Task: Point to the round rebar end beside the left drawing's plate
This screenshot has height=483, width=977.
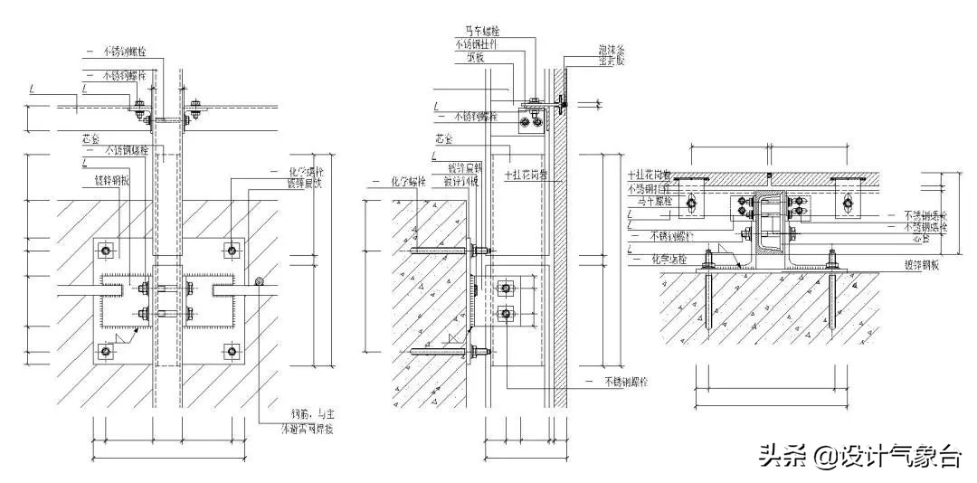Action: pyautogui.click(x=260, y=282)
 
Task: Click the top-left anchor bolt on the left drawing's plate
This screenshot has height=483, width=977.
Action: pyautogui.click(x=107, y=250)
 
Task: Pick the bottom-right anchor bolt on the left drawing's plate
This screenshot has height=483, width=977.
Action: pyautogui.click(x=233, y=350)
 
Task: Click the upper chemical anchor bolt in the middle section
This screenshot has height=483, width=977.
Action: pyautogui.click(x=443, y=250)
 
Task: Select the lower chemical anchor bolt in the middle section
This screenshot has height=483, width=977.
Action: pyautogui.click(x=443, y=351)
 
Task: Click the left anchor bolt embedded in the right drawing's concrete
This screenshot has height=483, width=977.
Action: pyautogui.click(x=708, y=298)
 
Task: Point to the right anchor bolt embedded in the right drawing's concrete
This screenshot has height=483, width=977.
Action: pyautogui.click(x=832, y=298)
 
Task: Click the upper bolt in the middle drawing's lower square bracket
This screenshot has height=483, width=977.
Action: pyautogui.click(x=507, y=289)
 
